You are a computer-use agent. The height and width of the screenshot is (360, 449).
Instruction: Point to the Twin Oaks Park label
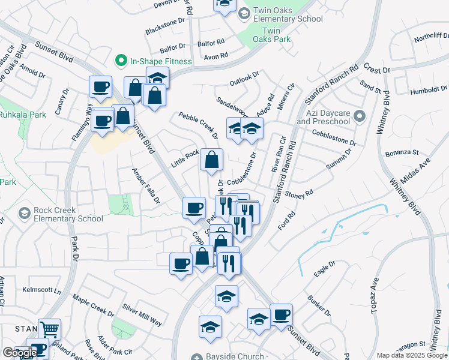271,35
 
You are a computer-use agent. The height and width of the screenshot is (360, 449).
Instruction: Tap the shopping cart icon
50,328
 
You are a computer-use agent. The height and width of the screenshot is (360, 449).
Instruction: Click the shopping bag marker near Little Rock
211,160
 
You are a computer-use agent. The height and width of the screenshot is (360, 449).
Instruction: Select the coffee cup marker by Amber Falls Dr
194,208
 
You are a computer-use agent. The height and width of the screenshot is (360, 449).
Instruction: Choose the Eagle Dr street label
324,268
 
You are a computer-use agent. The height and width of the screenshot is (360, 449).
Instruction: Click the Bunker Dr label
319,304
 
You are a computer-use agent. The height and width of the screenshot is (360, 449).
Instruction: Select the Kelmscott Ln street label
42,290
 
